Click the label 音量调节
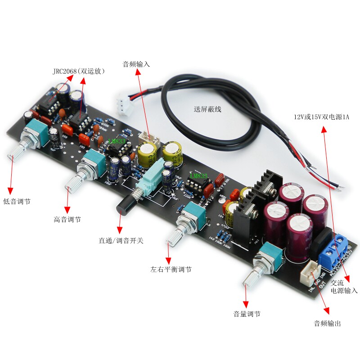pos(247,314)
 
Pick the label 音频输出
pos(327,323)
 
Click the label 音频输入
pos(136,64)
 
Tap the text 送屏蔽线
pos(207,109)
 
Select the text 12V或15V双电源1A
pos(321,117)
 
